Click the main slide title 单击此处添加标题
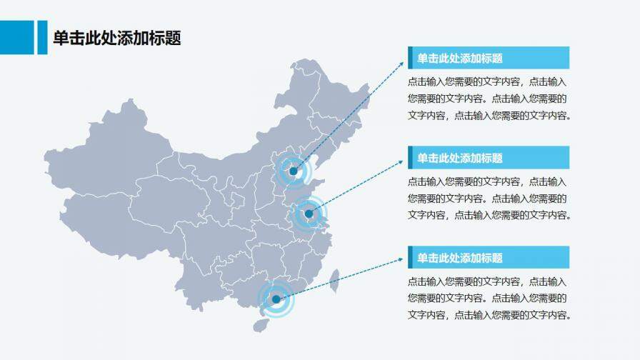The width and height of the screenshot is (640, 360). [116, 38]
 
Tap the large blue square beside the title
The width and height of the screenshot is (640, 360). [16, 37]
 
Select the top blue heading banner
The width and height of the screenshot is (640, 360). [489, 58]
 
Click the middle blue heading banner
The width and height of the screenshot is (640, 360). [489, 157]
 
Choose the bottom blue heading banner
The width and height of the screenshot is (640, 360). [489, 257]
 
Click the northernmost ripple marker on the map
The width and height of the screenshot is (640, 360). [292, 171]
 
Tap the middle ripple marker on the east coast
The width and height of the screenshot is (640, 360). [309, 214]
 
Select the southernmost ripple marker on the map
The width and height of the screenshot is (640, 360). [276, 299]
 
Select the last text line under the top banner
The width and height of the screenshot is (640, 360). [489, 116]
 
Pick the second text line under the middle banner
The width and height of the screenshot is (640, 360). [488, 198]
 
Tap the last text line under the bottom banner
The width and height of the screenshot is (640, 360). [489, 315]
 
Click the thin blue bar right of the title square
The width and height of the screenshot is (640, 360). [41, 37]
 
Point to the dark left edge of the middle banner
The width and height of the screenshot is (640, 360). [410, 157]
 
